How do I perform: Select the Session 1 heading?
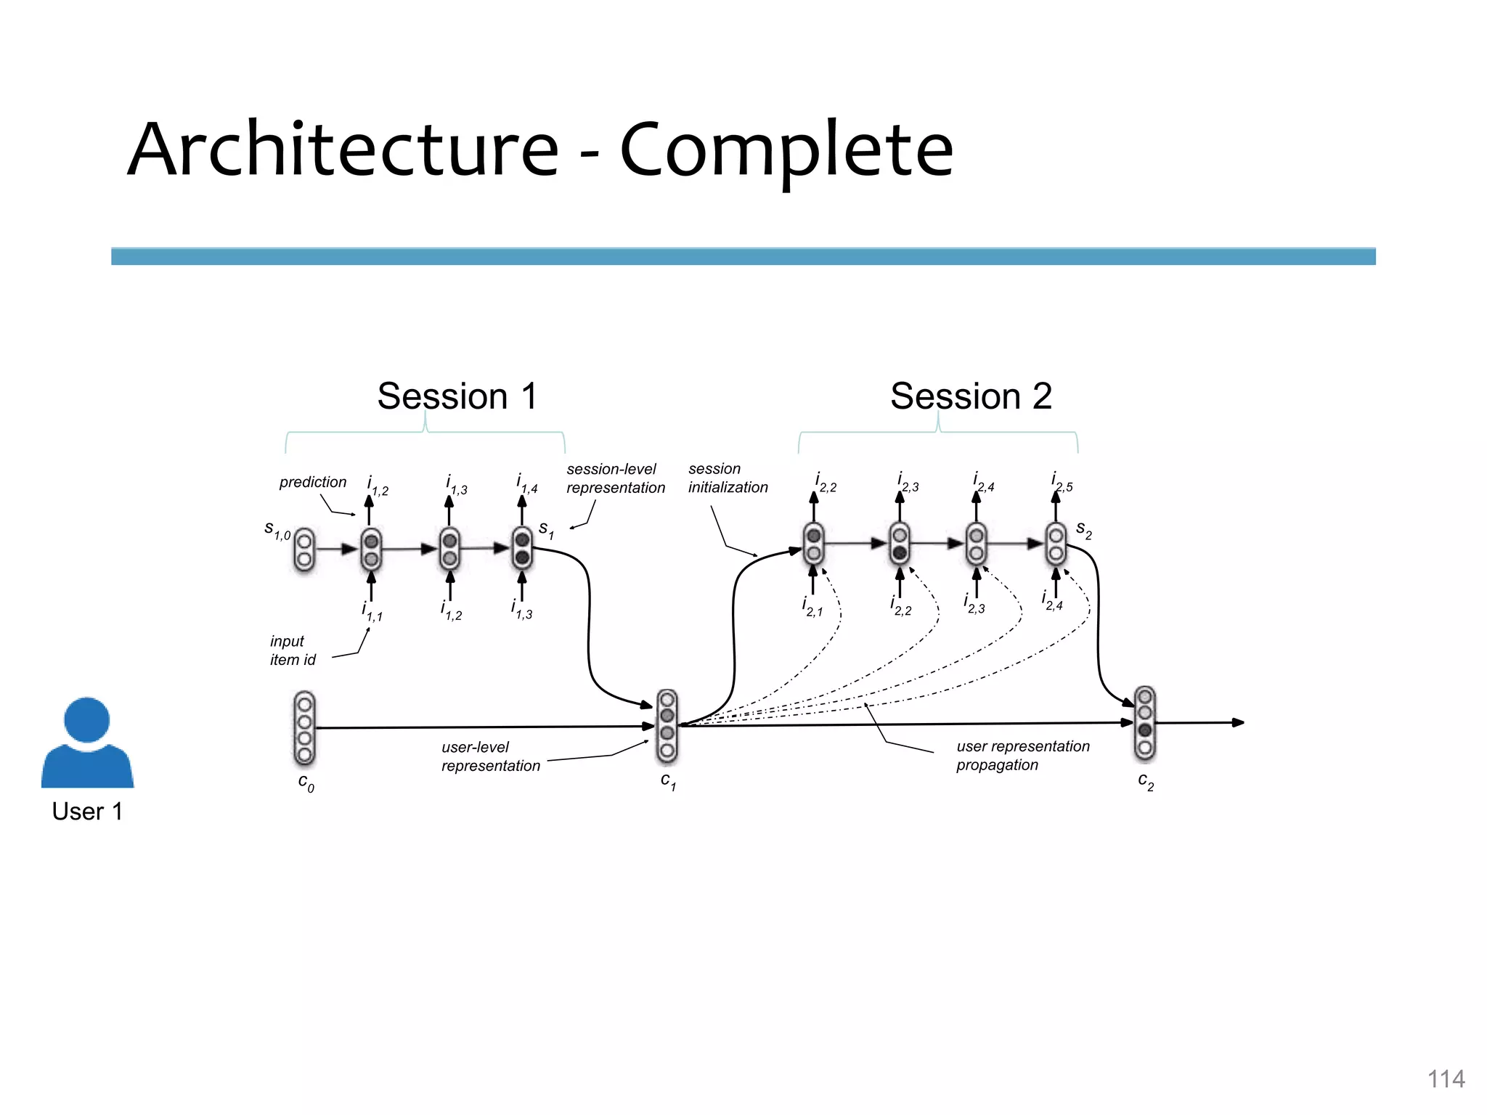click(x=457, y=396)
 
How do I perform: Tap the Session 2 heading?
click(x=971, y=396)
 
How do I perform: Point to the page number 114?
click(x=1446, y=1079)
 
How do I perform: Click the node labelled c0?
click(x=305, y=728)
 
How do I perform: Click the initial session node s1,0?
click(x=304, y=550)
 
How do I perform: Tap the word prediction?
click(x=313, y=482)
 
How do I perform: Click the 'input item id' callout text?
click(x=293, y=650)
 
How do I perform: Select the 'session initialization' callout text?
click(x=728, y=478)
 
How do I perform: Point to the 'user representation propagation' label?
click(x=1022, y=756)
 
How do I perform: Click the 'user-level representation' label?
click(x=491, y=756)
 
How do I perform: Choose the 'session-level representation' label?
click(x=615, y=478)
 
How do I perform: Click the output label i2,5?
click(x=1062, y=482)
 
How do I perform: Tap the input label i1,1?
click(x=372, y=611)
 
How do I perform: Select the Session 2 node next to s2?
click(x=1056, y=544)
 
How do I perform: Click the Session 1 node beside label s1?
click(x=522, y=548)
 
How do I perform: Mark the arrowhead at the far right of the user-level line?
click(x=1239, y=722)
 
